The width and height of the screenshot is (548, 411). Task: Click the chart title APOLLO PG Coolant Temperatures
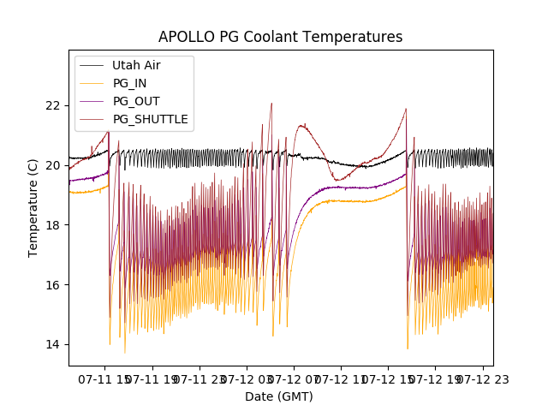pyautogui.click(x=280, y=38)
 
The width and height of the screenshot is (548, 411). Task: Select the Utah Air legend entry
pyautogui.click(x=136, y=65)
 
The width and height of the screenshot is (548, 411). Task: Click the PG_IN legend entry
pyautogui.click(x=129, y=83)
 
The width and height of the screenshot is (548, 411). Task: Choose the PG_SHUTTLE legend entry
pyautogui.click(x=150, y=119)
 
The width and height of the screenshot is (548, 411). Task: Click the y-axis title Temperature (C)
pyautogui.click(x=33, y=208)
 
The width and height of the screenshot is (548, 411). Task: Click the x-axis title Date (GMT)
pyautogui.click(x=279, y=396)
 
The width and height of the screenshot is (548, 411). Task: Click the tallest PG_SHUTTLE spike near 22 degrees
pyautogui.click(x=271, y=104)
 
